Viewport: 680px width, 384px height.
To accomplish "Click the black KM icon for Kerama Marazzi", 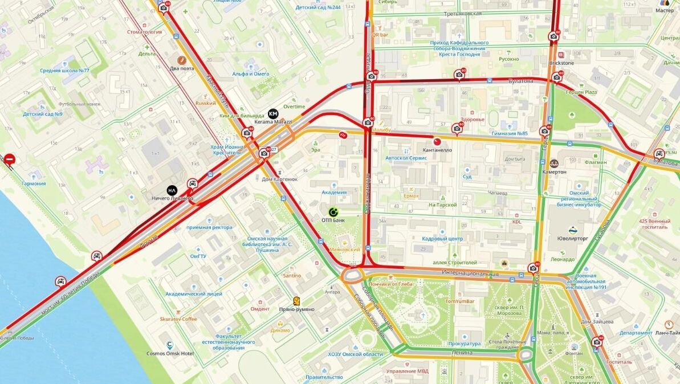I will pyautogui.click(x=273, y=113).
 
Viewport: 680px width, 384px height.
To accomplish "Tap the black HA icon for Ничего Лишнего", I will pyautogui.click(x=172, y=190).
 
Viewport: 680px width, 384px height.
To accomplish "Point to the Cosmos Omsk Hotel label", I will pyautogui.click(x=170, y=353).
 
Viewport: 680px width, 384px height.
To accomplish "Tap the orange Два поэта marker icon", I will pyautogui.click(x=182, y=59).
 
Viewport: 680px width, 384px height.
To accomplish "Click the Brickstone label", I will pyautogui.click(x=561, y=63).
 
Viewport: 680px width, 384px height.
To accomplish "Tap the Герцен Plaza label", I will pyautogui.click(x=581, y=92).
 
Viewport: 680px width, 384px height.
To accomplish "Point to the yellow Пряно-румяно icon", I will pyautogui.click(x=296, y=300).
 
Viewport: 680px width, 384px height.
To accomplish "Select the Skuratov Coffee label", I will pyautogui.click(x=178, y=319).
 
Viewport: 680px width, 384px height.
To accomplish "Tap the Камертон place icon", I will pyautogui.click(x=553, y=163).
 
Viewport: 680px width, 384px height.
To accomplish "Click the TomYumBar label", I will pyautogui.click(x=460, y=301).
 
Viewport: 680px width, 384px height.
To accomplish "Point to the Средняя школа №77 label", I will pyautogui.click(x=64, y=71).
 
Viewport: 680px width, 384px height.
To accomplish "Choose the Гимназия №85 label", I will pyautogui.click(x=509, y=133).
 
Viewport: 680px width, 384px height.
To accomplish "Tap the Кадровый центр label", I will pyautogui.click(x=442, y=239).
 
